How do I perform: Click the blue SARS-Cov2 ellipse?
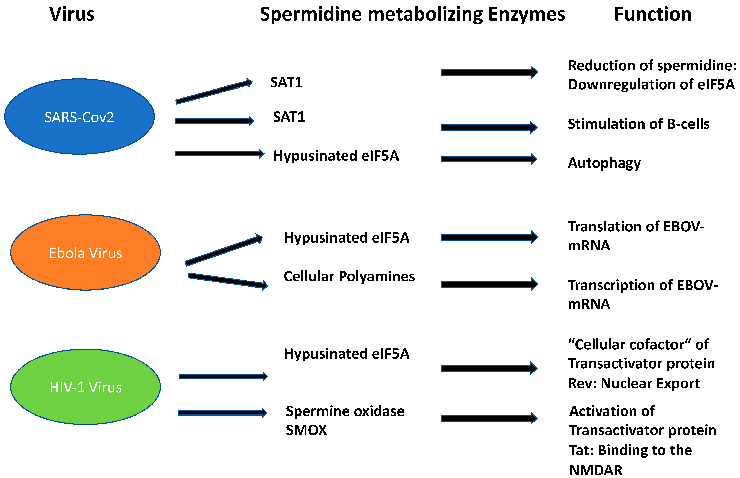pos(79,116)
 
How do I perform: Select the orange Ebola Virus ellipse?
pos(86,252)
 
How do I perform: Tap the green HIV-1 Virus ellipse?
pos(86,387)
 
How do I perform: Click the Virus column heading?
pos(72,14)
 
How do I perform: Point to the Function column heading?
pos(653,14)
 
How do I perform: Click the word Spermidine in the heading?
pos(311,14)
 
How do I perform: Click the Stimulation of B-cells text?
pos(638,124)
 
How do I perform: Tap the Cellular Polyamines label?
pos(349,276)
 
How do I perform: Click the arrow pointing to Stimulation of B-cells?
pos(489,127)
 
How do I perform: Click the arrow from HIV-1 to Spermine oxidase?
pos(222,412)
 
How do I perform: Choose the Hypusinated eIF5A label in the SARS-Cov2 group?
pos(336,156)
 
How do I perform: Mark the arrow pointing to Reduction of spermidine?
pos(489,72)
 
